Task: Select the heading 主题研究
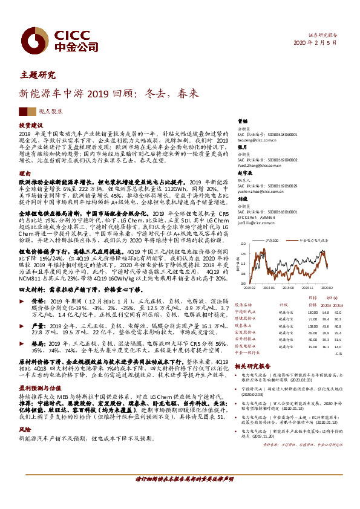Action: (x=38, y=75)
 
